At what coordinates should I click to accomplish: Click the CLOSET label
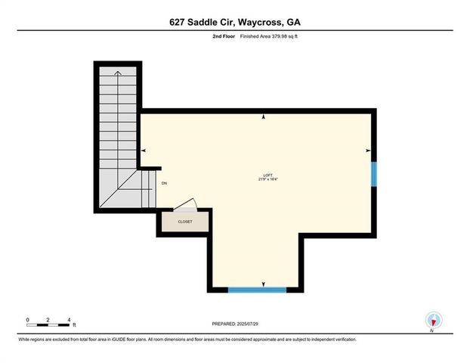185,222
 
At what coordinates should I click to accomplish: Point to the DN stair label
165,183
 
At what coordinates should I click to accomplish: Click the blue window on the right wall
373,173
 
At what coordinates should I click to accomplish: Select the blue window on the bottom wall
258,289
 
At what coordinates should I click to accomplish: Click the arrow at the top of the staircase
117,73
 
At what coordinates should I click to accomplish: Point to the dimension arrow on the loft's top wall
263,117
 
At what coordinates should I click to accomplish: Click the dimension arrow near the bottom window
264,284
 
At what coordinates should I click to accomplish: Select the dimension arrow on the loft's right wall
367,150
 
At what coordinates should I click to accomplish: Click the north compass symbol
433,321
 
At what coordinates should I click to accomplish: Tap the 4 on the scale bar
69,320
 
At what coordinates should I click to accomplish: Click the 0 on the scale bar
27,320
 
